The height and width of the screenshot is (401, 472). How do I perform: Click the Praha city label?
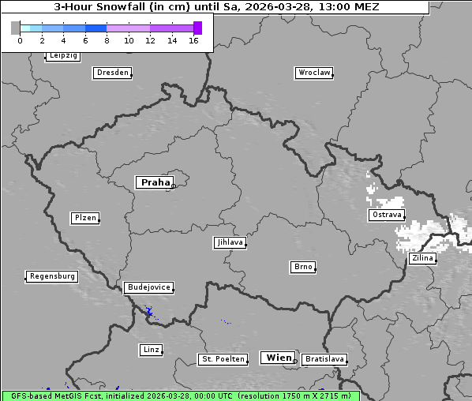pos(155,182)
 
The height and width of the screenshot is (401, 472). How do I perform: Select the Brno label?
pos(303,267)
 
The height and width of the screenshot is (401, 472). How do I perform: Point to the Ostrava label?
pos(386,215)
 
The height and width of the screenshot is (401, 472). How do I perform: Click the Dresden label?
pos(112,73)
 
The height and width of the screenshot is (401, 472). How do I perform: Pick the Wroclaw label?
pos(313,73)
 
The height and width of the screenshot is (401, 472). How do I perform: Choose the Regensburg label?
pos(52,276)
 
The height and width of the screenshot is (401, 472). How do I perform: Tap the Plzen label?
pos(84,218)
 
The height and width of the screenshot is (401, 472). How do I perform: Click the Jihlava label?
pos(229,242)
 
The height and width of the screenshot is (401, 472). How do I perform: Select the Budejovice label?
pos(148,287)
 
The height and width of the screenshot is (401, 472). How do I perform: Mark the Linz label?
pos(151,349)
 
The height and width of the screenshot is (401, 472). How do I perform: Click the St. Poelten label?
pos(221,359)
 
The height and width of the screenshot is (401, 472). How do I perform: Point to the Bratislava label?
pos(324,359)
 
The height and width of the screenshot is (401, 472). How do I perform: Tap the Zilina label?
pos(421,258)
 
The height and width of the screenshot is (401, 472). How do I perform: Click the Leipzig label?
pos(62,55)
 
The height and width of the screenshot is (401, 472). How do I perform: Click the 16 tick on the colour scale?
pos(194,40)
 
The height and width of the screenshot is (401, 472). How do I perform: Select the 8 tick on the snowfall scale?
pos(107,40)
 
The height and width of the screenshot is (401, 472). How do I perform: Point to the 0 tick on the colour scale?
pos(19,40)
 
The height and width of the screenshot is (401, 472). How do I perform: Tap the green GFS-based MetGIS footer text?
pos(180,395)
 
